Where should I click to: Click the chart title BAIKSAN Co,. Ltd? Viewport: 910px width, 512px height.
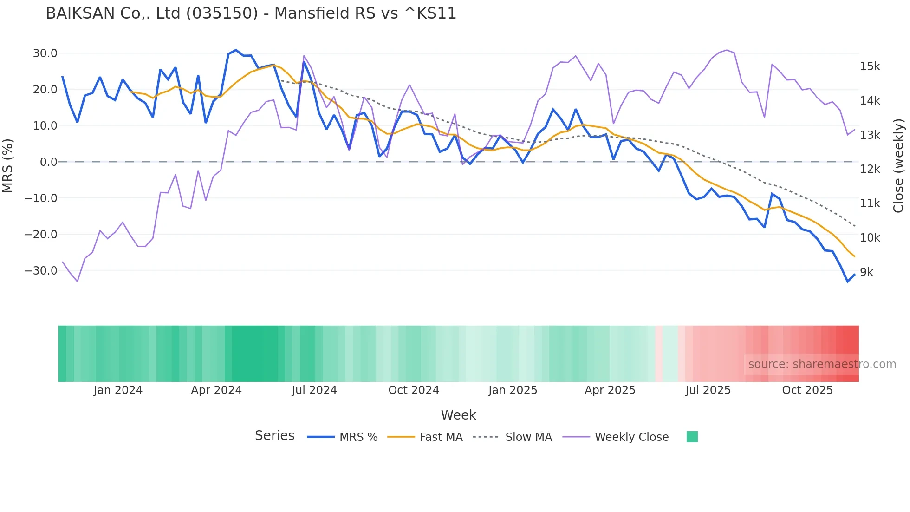(x=251, y=13)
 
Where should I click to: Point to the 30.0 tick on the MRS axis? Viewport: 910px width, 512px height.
(x=45, y=53)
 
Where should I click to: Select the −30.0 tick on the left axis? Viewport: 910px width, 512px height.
(x=41, y=271)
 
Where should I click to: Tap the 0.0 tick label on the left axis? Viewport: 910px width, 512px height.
(x=48, y=162)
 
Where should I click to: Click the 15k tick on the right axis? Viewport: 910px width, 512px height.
(x=870, y=66)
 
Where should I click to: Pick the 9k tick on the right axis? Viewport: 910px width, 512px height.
(x=866, y=272)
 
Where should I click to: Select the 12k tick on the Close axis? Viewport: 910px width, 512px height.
(x=870, y=169)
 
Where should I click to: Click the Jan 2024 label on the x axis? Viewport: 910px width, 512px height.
(x=118, y=390)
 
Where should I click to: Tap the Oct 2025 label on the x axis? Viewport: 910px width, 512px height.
(x=807, y=390)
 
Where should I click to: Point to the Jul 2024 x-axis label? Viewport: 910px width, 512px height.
(x=314, y=390)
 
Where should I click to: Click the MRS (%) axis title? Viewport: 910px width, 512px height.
(x=8, y=166)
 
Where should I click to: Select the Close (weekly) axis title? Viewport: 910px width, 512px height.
(x=899, y=166)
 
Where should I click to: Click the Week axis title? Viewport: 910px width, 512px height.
(x=458, y=415)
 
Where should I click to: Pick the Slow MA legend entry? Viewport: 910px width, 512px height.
(x=513, y=437)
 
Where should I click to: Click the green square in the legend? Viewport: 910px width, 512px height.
(x=692, y=437)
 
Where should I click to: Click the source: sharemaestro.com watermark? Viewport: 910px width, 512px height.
(x=822, y=364)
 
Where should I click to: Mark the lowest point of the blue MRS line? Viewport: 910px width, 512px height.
(x=847, y=282)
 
